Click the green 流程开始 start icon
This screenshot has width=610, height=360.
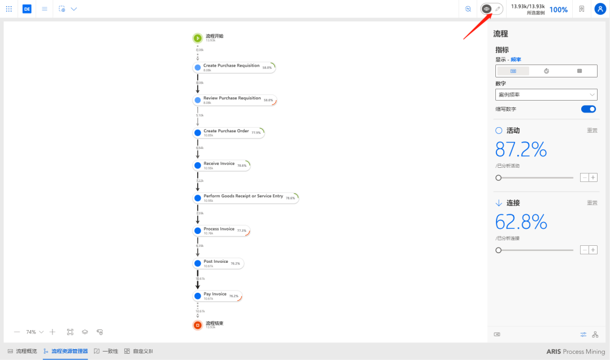pos(197,38)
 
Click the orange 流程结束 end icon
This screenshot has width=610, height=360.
pos(197,325)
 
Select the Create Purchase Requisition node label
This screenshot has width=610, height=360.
pos(231,66)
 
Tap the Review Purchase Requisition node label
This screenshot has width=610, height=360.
pos(232,98)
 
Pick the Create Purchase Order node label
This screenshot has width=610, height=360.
pos(226,131)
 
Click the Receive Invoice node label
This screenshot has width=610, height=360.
pos(219,164)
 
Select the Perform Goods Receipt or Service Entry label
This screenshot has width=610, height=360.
pos(243,196)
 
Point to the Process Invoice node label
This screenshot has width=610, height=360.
pos(219,229)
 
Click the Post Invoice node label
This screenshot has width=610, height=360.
pos(216,262)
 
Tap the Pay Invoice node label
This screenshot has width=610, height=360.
pos(215,294)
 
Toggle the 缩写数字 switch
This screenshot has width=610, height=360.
pos(588,109)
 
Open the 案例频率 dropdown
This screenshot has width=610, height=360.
pos(546,94)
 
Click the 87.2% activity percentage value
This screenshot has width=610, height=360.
pos(521,149)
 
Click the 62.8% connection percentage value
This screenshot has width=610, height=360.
pos(521,222)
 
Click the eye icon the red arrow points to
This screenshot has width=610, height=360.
pos(486,9)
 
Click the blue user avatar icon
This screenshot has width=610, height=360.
pos(600,9)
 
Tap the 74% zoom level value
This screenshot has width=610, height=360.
pos(31,332)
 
